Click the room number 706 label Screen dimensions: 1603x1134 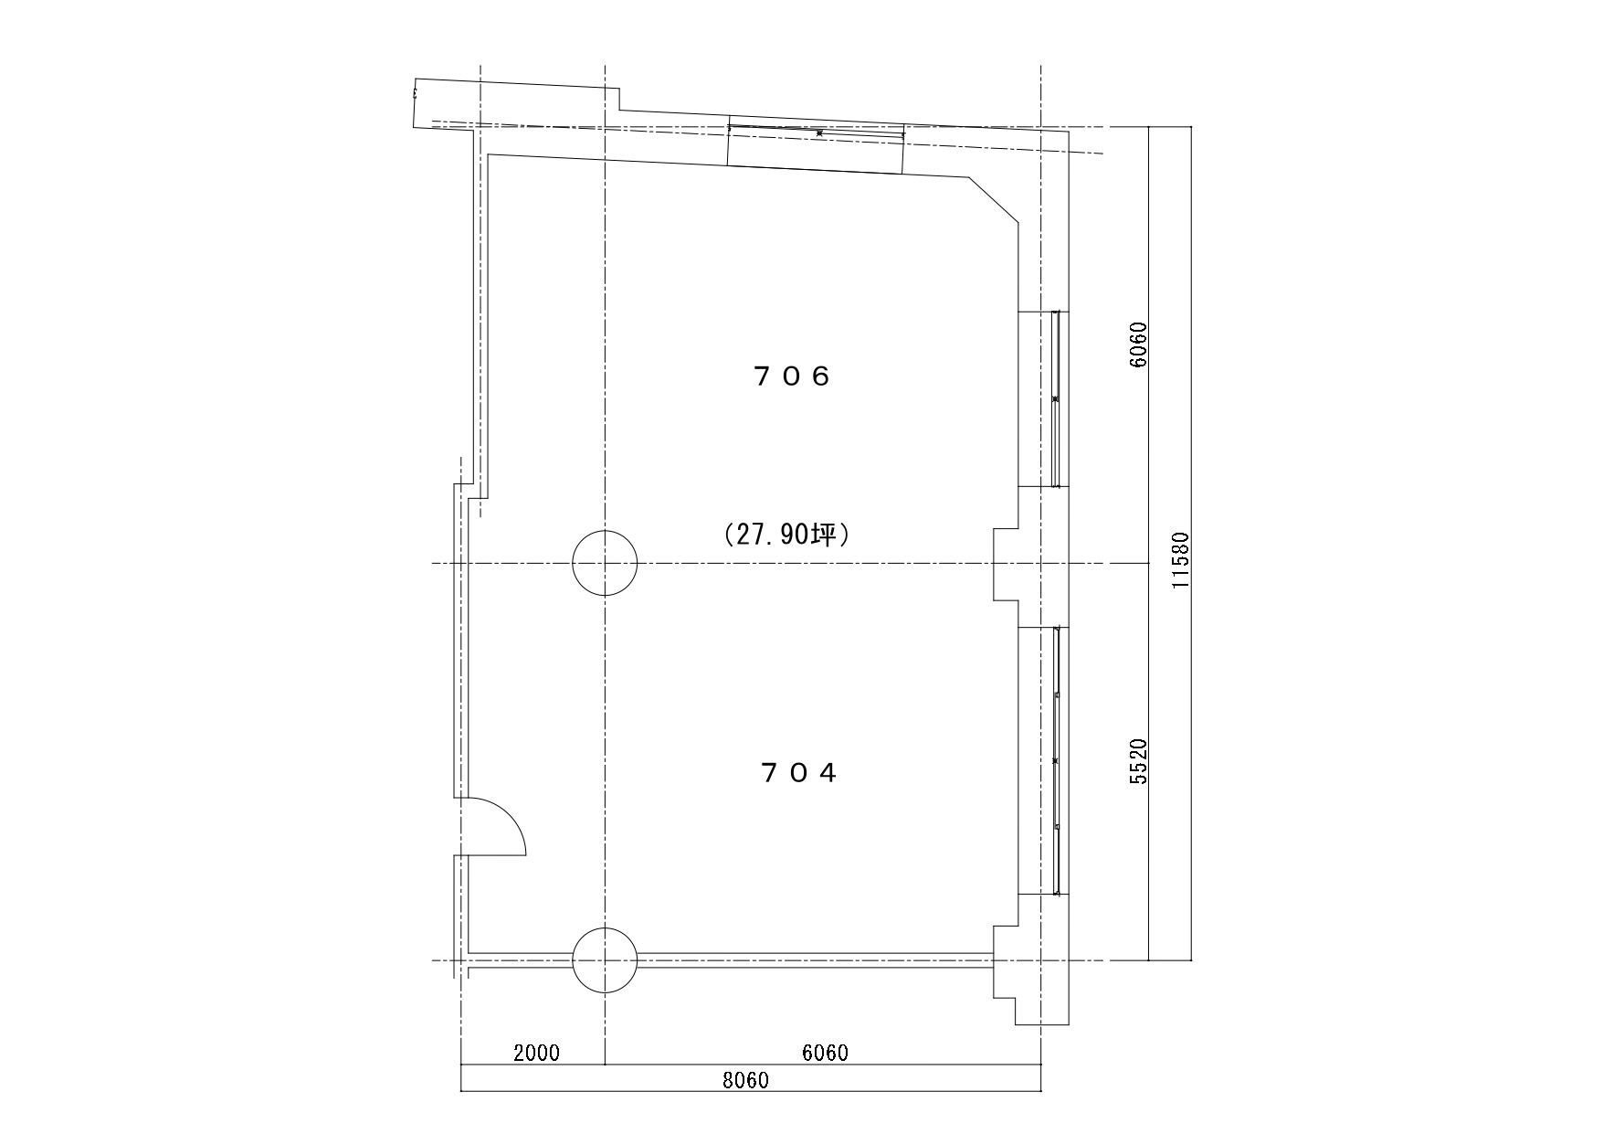[x=793, y=376]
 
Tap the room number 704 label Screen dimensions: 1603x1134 [x=798, y=773]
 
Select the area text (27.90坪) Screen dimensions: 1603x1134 [x=786, y=535]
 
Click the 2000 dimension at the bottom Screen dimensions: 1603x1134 [x=536, y=1053]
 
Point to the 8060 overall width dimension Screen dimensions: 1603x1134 [x=745, y=1081]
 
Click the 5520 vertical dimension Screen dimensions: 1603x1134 [x=1138, y=761]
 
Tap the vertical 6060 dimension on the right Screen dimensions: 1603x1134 [x=1138, y=344]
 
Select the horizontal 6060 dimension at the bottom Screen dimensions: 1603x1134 [x=825, y=1053]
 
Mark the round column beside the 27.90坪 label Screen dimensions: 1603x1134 [x=605, y=564]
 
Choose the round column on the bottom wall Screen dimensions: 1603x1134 [x=605, y=960]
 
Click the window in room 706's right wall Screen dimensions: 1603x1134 [x=1056, y=399]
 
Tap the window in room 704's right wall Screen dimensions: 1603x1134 [x=1056, y=760]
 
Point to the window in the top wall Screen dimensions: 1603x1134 [x=817, y=132]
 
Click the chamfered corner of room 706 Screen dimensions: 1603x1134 [x=994, y=199]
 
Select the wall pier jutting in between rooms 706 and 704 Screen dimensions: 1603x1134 [x=1007, y=564]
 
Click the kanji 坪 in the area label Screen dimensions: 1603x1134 [x=826, y=535]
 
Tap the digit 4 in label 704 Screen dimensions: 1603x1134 [x=828, y=774]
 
